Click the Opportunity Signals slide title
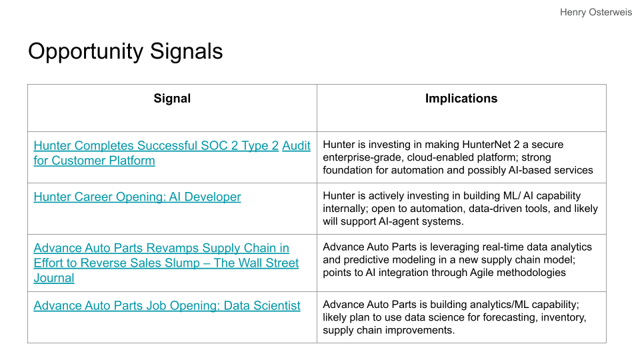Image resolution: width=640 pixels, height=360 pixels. click(125, 52)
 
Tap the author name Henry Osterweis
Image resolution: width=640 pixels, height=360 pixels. click(595, 12)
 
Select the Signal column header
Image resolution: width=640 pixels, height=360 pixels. click(172, 99)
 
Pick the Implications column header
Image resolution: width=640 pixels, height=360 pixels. click(461, 99)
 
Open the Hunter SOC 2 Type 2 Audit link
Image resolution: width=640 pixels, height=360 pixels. click(172, 153)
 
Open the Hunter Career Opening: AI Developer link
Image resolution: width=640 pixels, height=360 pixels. click(137, 197)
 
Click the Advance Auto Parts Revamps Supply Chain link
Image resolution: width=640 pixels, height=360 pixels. click(166, 263)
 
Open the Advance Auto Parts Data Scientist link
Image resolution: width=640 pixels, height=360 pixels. click(167, 306)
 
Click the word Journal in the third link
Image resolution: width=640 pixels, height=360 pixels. click(54, 278)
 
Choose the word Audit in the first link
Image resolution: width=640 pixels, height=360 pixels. click(296, 146)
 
